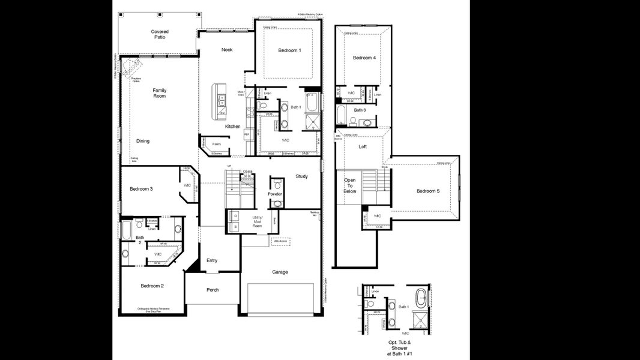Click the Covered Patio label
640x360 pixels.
159,34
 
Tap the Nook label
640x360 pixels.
226,50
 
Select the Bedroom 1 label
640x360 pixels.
289,50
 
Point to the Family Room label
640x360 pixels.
159,93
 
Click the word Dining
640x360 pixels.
142,141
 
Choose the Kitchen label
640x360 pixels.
233,127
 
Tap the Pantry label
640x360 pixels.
216,144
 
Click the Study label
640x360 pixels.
301,176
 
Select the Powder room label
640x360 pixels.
275,194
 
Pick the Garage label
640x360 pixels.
280,272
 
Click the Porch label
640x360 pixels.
212,290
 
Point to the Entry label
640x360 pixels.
212,260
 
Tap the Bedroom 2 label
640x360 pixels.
152,286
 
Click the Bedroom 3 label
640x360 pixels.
141,189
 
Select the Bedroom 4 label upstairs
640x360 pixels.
364,58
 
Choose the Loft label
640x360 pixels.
363,146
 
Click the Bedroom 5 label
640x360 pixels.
429,191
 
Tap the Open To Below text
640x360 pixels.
349,186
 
